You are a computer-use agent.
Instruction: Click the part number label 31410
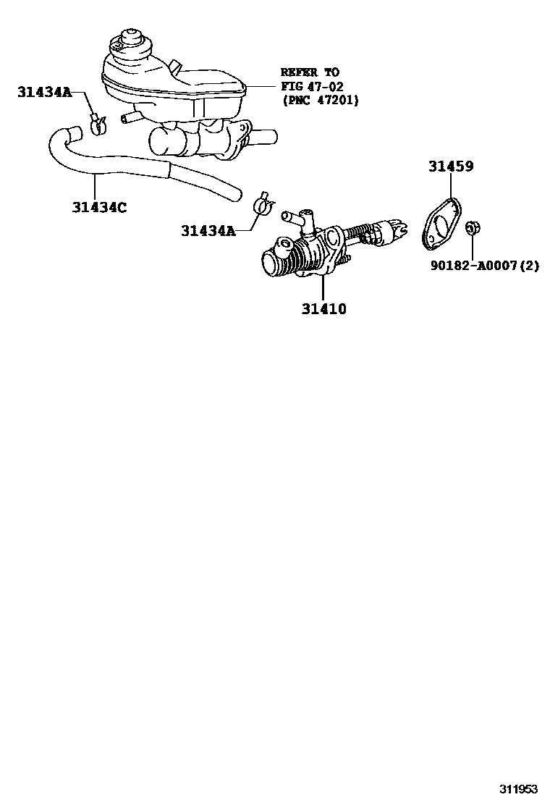tap(324, 309)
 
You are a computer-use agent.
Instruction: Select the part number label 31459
tap(450, 167)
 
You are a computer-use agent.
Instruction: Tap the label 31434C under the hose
tap(99, 208)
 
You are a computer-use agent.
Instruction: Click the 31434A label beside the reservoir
tap(44, 91)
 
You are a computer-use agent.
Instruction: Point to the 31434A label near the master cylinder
tap(208, 231)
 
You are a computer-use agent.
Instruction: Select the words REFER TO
tap(310, 72)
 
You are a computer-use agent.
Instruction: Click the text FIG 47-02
tap(313, 86)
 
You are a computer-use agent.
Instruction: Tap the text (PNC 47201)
tap(320, 100)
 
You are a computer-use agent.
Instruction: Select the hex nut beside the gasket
tap(471, 228)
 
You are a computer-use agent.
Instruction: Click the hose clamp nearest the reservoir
tap(98, 124)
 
